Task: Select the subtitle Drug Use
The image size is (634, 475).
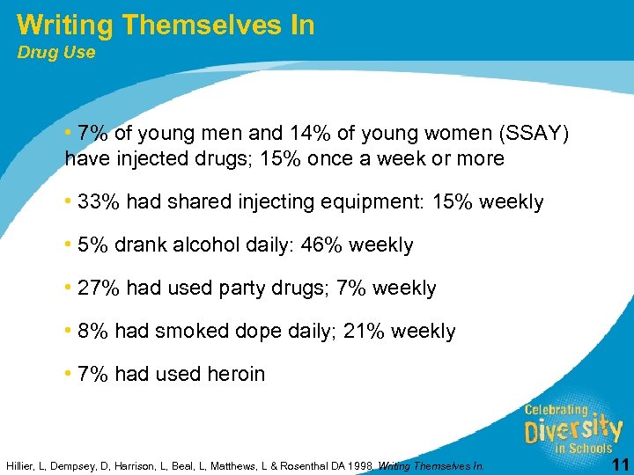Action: pyautogui.click(x=56, y=53)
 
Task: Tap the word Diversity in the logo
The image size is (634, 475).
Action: pyautogui.click(x=572, y=430)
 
